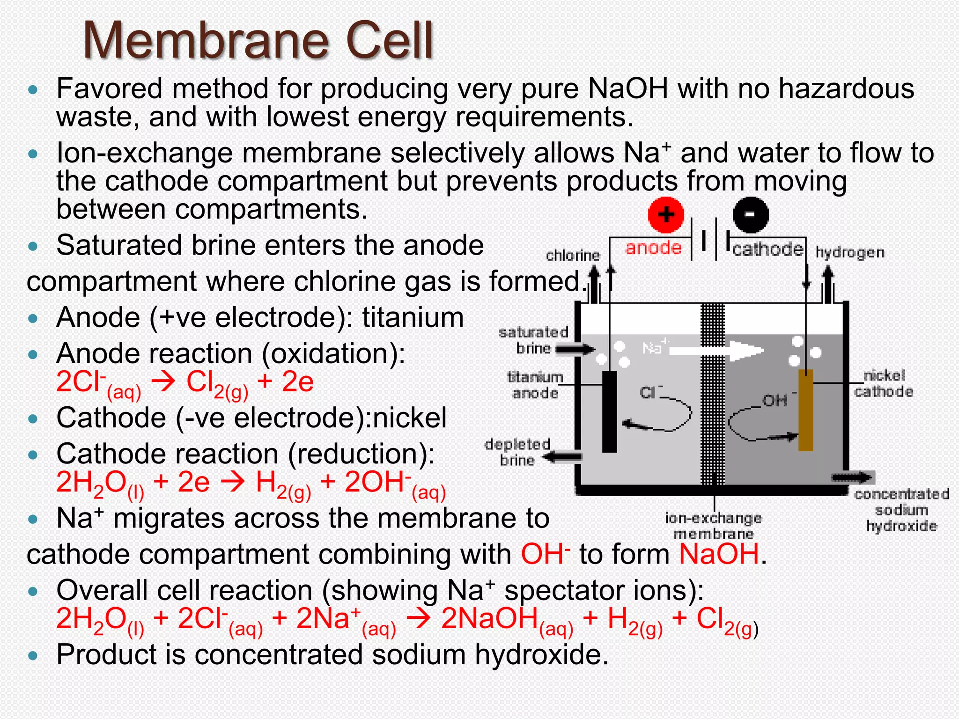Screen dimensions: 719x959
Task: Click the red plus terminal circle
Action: (666, 215)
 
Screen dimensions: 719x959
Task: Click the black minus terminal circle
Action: (750, 215)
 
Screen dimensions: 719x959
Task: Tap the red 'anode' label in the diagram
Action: (653, 248)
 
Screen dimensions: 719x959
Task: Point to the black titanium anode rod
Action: (609, 411)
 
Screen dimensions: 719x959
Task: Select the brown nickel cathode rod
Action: (805, 410)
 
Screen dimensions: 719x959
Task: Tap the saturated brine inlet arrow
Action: (575, 349)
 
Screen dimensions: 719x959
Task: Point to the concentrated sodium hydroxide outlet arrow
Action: (853, 477)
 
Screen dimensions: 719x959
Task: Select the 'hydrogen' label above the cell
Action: (850, 253)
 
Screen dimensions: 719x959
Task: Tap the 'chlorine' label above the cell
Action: (573, 256)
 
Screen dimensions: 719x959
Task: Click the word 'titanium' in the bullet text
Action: (413, 317)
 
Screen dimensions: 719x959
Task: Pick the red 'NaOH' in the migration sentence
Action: (719, 554)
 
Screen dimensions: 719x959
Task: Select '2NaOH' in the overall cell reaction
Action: (489, 618)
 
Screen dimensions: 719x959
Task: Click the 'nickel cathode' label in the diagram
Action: (884, 383)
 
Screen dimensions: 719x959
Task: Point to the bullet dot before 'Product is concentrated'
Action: (32, 655)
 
